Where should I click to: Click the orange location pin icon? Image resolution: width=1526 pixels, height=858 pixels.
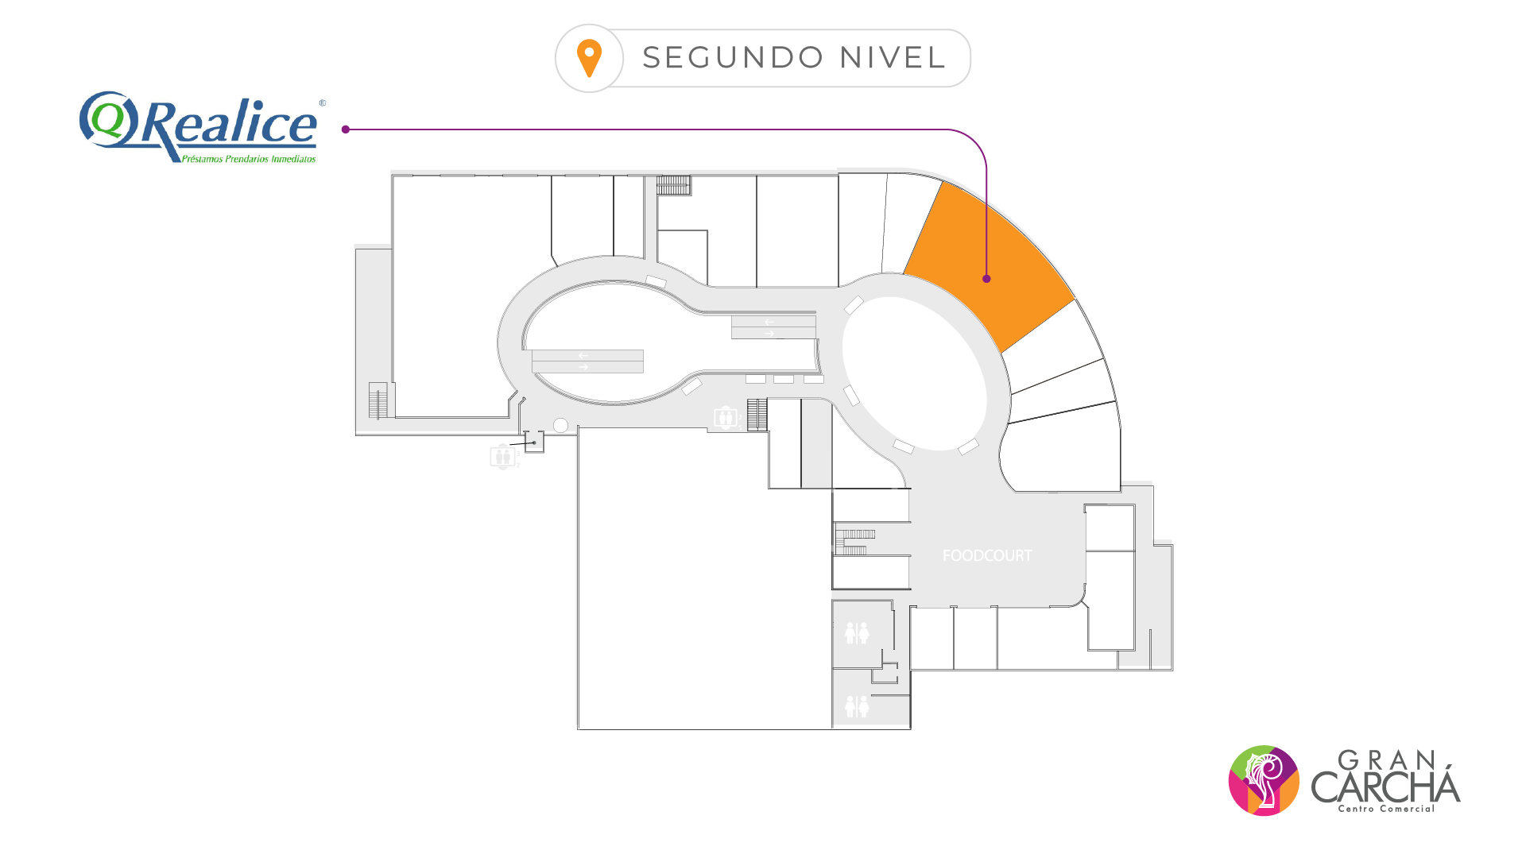(x=589, y=58)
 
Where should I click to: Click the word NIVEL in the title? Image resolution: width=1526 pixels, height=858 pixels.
(x=893, y=58)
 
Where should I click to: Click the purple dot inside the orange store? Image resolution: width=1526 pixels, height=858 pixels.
(x=986, y=279)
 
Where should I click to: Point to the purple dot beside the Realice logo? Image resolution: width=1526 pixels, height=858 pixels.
(x=346, y=129)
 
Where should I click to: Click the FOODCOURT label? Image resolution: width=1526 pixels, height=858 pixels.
(x=987, y=556)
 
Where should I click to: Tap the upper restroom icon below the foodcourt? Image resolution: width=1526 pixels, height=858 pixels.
(x=857, y=633)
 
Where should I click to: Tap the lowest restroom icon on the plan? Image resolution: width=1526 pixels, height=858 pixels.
(x=857, y=705)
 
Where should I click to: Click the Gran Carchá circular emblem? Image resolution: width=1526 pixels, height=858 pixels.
(x=1264, y=780)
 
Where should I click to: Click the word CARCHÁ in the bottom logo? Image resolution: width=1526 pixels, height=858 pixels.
(x=1385, y=786)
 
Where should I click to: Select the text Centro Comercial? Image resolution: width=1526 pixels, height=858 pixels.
(x=1386, y=809)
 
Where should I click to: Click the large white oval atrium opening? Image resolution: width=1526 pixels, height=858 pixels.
(x=914, y=373)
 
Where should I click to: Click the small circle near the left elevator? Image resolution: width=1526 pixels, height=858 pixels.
(x=560, y=426)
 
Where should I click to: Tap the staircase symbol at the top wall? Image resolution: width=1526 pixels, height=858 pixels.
(x=673, y=185)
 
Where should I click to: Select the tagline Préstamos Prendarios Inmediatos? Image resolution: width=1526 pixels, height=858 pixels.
(x=249, y=159)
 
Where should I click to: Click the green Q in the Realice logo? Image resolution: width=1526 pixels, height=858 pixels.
(x=107, y=119)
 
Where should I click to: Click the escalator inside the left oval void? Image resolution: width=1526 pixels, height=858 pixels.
(x=587, y=361)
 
